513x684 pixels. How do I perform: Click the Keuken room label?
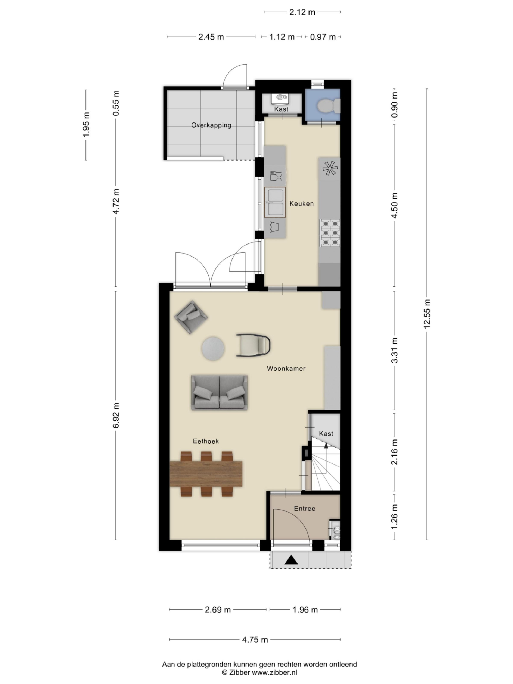pyautogui.click(x=301, y=203)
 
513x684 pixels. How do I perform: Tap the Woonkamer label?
pyautogui.click(x=286, y=368)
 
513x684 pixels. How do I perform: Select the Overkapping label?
pyautogui.click(x=211, y=125)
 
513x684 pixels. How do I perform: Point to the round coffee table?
pyautogui.click(x=213, y=348)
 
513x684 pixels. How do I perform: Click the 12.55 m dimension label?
pyautogui.click(x=427, y=314)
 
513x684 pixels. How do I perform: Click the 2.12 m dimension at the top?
pyautogui.click(x=302, y=12)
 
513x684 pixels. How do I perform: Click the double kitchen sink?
pyautogui.click(x=275, y=202)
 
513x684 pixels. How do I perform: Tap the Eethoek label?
pyautogui.click(x=206, y=441)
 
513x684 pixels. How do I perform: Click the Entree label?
pyautogui.click(x=304, y=508)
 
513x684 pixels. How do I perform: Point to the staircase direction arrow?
pyautogui.click(x=326, y=446)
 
